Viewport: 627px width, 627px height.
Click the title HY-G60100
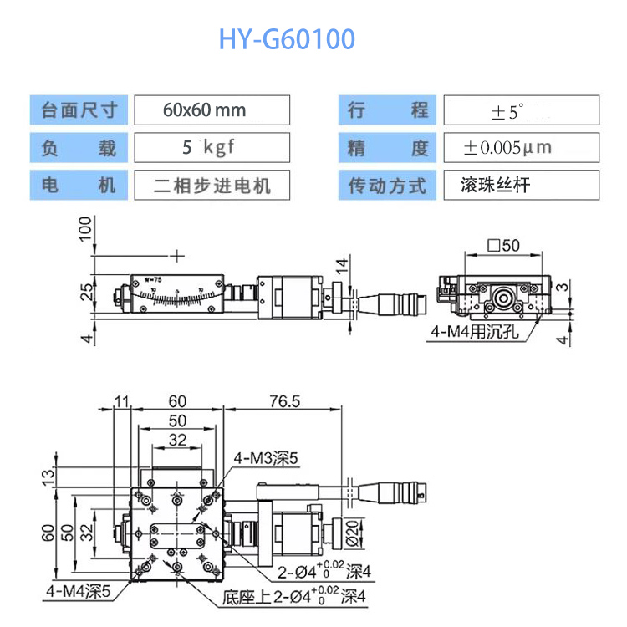pos(287,39)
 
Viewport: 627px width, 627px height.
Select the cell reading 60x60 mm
pos(211,110)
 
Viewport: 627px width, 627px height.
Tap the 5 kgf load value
pos(211,148)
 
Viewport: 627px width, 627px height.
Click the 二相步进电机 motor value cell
pos(211,185)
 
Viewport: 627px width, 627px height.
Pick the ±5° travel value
pos(520,110)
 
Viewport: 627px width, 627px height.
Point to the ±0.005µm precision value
pos(520,148)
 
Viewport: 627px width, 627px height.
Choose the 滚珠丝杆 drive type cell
pos(520,185)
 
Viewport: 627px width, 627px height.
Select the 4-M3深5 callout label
pos(265,457)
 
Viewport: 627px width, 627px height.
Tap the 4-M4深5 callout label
pos(79,591)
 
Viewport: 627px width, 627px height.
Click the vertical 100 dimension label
pos(84,227)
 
